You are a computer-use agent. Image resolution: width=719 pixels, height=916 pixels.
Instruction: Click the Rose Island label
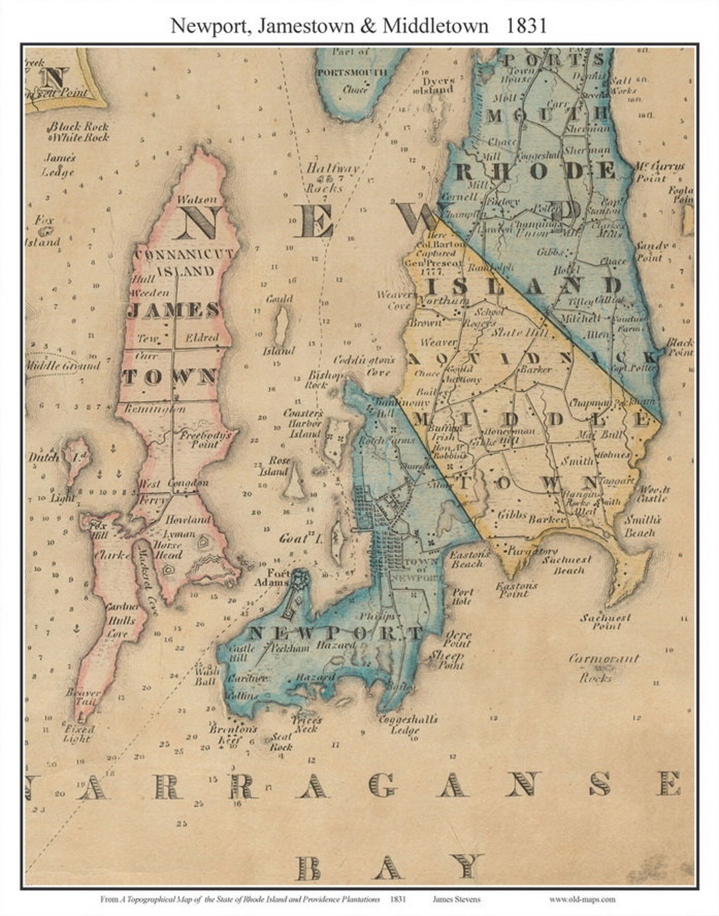pos(278,466)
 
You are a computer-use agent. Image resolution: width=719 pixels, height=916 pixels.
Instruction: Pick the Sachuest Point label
pos(605,622)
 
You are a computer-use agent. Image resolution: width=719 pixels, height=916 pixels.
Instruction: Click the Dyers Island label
pos(437,85)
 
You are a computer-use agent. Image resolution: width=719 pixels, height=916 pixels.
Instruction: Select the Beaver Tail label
pos(83,697)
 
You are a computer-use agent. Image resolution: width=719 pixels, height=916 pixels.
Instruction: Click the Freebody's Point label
pos(205,439)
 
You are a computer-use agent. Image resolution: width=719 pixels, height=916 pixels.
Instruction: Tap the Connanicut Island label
pos(184,262)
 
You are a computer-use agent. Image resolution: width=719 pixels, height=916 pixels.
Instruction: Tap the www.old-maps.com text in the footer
pos(582,899)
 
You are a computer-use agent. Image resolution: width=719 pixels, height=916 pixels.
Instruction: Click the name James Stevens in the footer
pos(456,899)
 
